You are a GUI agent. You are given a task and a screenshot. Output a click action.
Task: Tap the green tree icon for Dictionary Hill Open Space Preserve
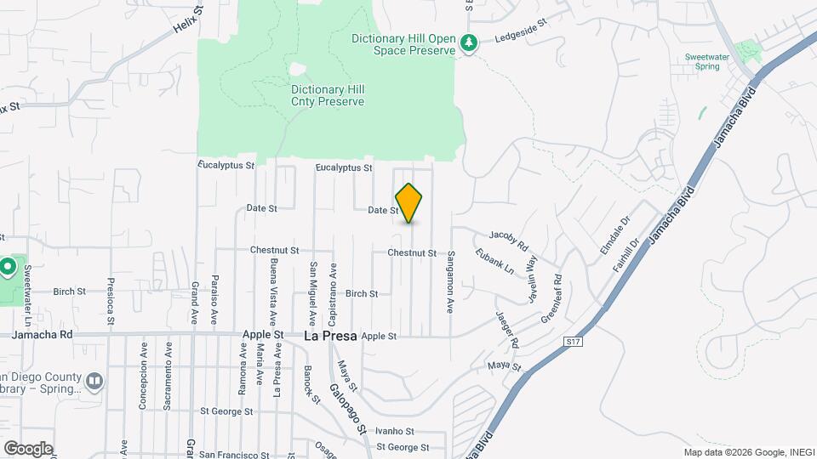click(x=467, y=42)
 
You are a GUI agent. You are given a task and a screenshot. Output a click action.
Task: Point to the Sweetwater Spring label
click(x=707, y=61)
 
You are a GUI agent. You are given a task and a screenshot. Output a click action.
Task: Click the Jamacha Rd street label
click(x=43, y=336)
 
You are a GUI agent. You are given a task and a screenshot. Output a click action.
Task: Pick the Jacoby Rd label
click(x=509, y=238)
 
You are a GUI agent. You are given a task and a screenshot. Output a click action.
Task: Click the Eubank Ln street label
click(x=495, y=260)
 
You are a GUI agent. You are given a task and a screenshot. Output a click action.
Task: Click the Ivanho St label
click(x=395, y=432)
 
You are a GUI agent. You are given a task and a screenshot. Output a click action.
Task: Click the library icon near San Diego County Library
click(x=94, y=380)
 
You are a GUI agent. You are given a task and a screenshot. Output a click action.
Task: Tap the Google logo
click(x=28, y=448)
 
